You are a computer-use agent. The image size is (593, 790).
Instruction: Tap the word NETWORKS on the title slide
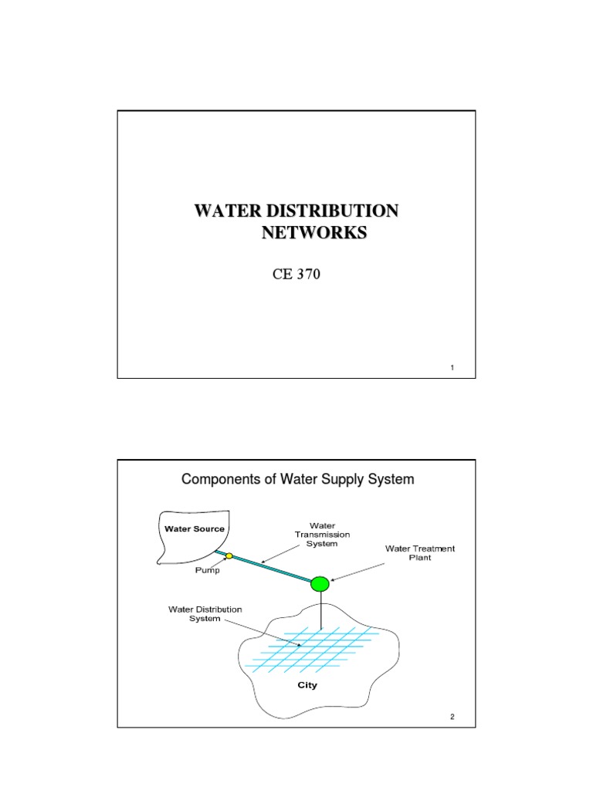[313, 233]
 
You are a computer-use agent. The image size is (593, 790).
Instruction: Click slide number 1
[452, 368]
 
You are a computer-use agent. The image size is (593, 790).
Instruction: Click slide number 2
[452, 717]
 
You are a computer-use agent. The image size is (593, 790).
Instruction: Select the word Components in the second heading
[222, 479]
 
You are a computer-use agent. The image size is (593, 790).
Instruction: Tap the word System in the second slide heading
[391, 479]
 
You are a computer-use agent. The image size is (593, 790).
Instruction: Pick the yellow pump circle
[229, 555]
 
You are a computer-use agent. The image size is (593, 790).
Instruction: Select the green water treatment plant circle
[320, 584]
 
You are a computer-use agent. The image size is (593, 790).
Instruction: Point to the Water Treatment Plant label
[420, 553]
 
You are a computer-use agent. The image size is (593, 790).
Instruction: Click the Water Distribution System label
[205, 614]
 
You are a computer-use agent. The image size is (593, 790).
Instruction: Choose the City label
[307, 684]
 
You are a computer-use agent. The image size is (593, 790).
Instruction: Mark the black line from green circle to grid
[320, 609]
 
